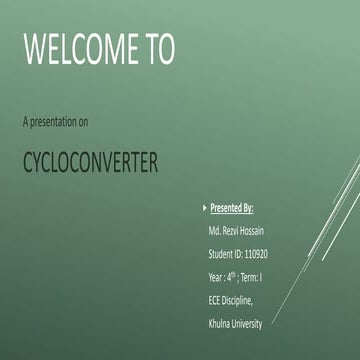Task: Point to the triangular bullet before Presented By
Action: tap(203, 209)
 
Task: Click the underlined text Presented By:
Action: tap(232, 209)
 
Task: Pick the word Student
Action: tap(221, 255)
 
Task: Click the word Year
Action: tap(216, 278)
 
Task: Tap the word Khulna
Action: tap(220, 324)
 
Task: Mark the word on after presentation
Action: tap(85, 122)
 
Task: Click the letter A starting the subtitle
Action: tap(24, 122)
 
